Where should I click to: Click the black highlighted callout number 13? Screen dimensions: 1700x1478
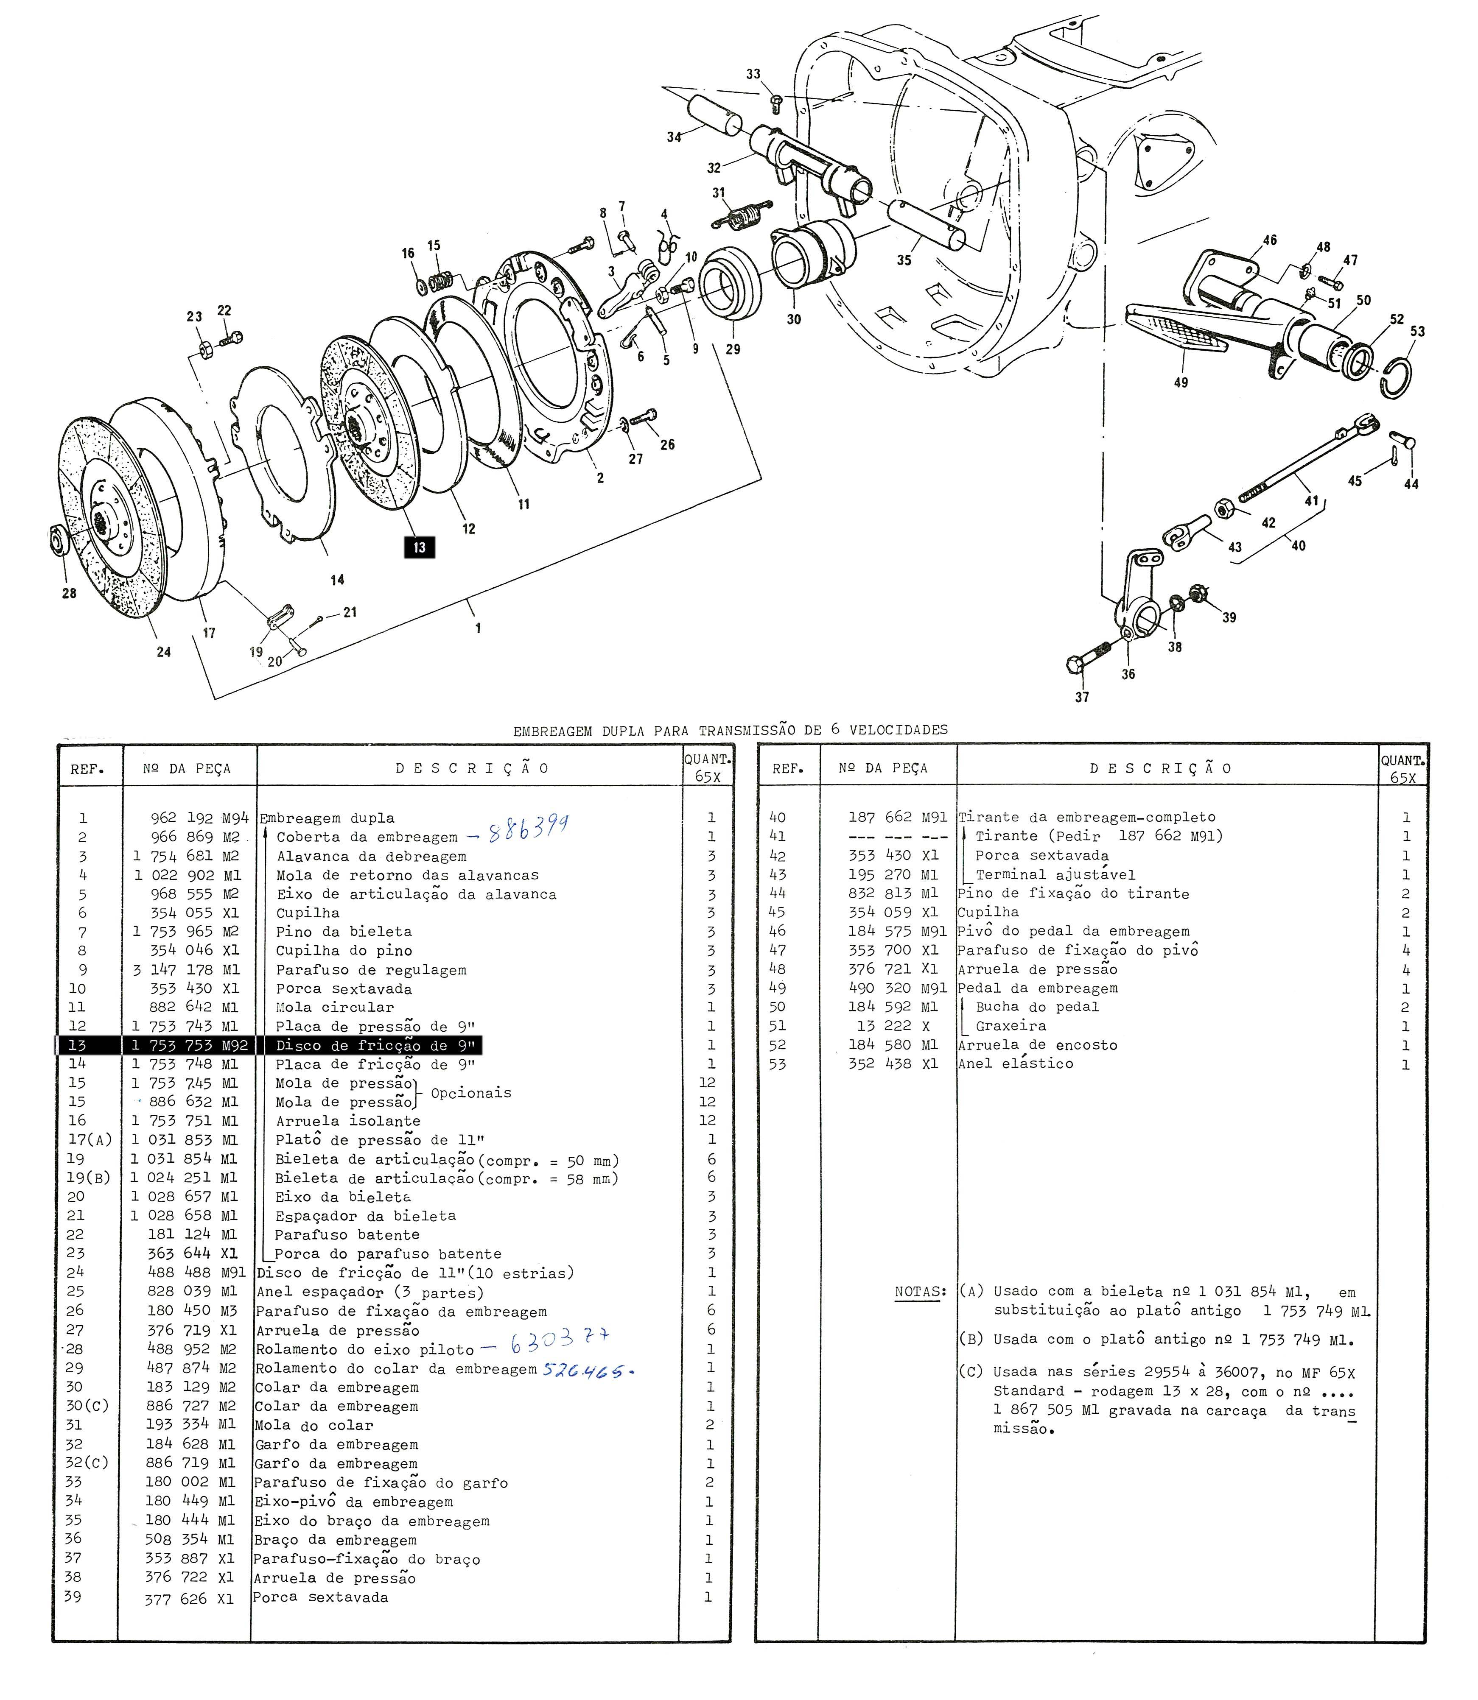[419, 547]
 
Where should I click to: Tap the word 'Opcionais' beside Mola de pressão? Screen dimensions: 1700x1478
[471, 1093]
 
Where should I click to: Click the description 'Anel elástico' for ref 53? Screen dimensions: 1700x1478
[1015, 1064]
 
